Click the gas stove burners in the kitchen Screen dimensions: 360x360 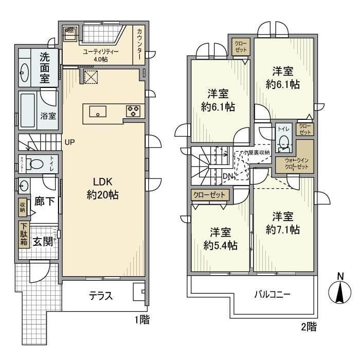(133, 110)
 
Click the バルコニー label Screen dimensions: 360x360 (273, 295)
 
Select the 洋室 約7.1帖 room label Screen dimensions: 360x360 (282, 223)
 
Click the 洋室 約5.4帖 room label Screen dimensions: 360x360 (220, 239)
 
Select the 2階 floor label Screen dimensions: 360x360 (309, 326)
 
